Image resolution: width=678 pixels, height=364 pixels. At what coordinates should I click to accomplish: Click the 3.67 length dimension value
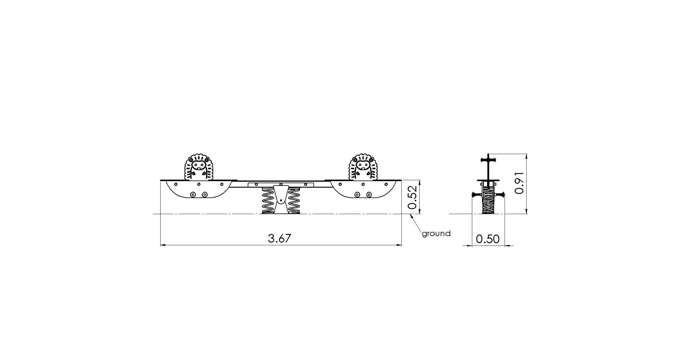(279, 238)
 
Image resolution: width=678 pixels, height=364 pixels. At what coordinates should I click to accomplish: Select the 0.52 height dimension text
(412, 197)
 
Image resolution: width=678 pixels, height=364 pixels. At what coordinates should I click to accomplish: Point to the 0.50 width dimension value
(488, 239)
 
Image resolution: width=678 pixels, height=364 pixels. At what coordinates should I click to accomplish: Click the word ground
(436, 234)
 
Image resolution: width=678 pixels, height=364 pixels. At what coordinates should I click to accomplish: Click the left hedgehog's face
(199, 164)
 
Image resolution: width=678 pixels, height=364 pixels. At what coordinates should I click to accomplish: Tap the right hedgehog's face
(362, 164)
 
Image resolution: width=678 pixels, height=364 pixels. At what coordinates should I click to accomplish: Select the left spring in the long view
(268, 200)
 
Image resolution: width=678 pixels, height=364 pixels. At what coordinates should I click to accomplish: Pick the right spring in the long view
(294, 200)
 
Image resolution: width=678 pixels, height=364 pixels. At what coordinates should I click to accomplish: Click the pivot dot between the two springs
(281, 201)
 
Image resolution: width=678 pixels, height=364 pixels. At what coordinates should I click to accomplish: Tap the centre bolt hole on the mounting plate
(281, 184)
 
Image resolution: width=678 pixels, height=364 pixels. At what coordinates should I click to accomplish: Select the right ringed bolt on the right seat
(369, 194)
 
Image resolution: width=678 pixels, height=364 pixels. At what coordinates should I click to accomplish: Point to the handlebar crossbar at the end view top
(488, 160)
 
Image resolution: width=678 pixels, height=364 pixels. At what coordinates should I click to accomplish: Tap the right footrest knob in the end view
(500, 194)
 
